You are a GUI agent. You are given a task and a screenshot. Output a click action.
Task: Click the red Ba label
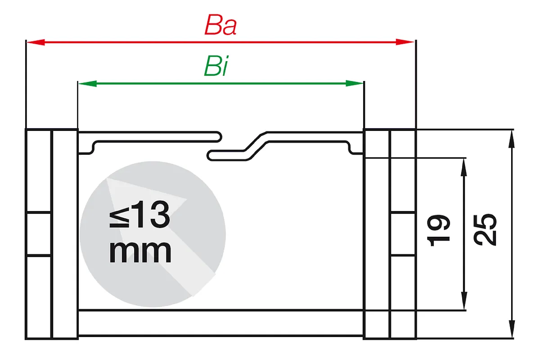(220, 25)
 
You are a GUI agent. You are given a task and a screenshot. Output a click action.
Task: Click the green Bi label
(216, 66)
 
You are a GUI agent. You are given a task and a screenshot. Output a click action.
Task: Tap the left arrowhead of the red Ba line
(36, 42)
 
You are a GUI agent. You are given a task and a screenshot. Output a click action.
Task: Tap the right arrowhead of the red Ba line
(405, 42)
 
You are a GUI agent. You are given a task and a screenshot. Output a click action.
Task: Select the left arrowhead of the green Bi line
(87, 84)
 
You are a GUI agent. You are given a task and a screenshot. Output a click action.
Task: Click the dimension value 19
(438, 230)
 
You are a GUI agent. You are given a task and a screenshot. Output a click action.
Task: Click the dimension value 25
(485, 230)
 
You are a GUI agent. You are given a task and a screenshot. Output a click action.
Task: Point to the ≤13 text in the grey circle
(139, 215)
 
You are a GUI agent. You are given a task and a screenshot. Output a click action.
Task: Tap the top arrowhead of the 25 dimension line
(512, 139)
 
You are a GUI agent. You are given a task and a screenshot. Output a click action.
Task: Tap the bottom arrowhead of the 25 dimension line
(512, 329)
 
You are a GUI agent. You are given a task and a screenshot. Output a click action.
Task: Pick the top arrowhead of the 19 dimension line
(464, 167)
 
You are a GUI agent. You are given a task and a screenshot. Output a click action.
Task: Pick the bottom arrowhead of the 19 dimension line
(464, 301)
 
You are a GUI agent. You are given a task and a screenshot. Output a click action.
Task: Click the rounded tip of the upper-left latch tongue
(218, 136)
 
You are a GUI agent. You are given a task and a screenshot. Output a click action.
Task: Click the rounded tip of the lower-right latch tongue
(211, 155)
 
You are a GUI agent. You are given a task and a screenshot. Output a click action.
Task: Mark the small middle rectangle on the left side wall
(39, 234)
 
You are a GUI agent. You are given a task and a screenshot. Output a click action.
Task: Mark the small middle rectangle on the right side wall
(403, 234)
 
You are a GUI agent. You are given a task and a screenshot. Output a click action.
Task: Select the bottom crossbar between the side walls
(220, 323)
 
